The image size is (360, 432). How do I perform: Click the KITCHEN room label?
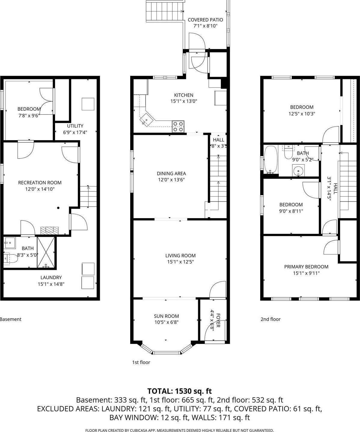183,95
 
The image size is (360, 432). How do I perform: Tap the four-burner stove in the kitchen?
178,126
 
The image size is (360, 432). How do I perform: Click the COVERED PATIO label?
205,20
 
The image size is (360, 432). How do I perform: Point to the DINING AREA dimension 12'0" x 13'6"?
171,180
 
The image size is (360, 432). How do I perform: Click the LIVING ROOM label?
180,255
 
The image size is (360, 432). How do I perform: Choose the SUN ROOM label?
166,316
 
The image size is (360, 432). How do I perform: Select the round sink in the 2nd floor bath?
298,171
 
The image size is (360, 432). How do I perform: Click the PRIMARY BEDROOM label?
306,267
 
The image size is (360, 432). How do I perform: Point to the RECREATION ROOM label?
40,183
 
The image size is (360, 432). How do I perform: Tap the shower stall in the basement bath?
46,252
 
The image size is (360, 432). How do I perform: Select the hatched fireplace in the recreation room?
50,230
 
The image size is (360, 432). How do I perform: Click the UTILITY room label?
75,126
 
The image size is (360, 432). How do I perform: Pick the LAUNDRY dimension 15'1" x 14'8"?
51,284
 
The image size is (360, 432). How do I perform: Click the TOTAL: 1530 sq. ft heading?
180,391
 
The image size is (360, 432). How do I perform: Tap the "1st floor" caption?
141,362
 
